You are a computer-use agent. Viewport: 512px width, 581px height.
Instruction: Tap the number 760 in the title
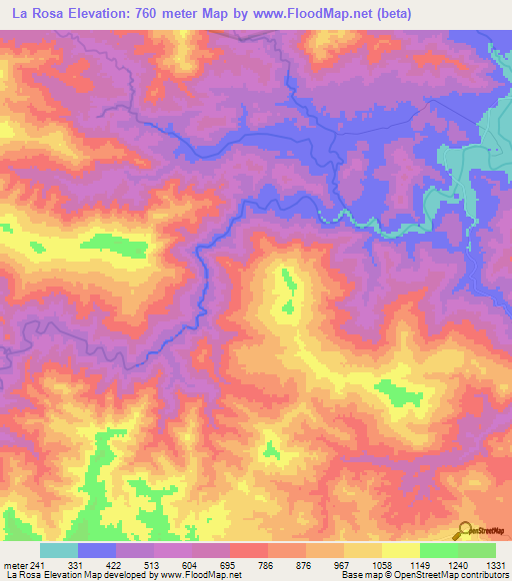(x=145, y=13)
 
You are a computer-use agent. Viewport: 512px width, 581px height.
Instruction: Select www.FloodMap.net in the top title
(x=300, y=13)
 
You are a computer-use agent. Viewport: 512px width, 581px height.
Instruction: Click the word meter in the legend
(x=19, y=564)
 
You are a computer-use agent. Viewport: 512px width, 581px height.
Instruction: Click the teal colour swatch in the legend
(x=59, y=550)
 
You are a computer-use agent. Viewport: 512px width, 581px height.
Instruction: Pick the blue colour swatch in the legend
(x=97, y=550)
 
